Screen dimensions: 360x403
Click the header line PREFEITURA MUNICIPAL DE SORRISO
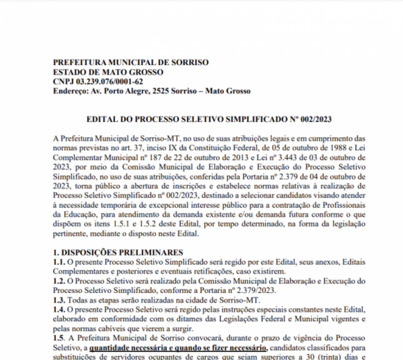click(131, 63)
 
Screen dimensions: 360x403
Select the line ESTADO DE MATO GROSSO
click(108, 72)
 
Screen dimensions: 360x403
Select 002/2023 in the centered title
click(315, 119)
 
